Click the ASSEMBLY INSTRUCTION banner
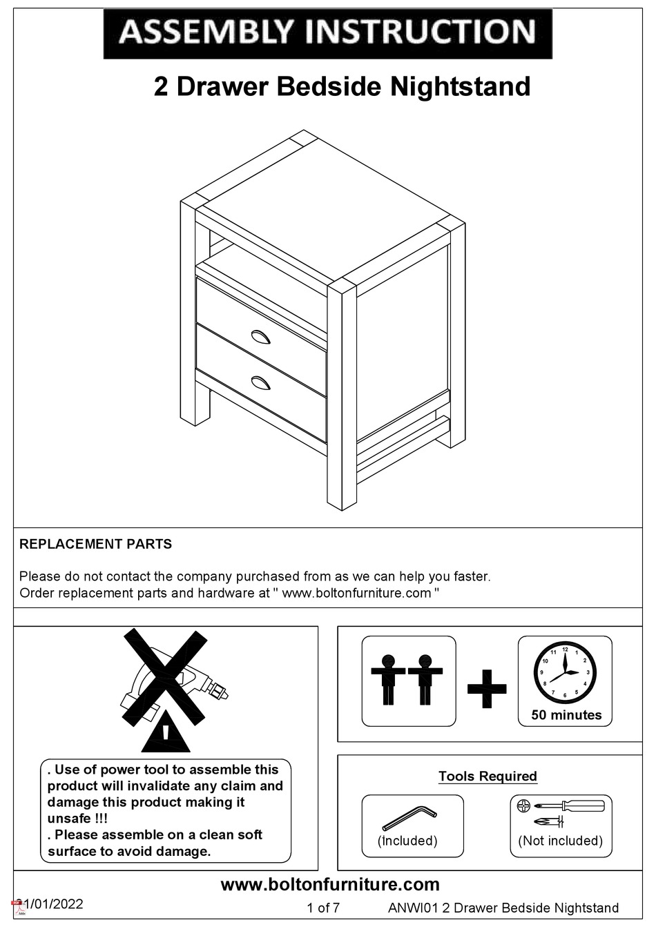[x=327, y=32]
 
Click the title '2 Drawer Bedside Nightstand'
[x=342, y=87]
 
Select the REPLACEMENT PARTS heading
[x=95, y=544]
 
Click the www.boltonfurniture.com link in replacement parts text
[x=356, y=593]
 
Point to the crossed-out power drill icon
[x=173, y=680]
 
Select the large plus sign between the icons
[x=487, y=688]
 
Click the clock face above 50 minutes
[x=565, y=672]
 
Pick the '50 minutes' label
[x=566, y=715]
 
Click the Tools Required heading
[x=488, y=776]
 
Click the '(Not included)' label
[x=560, y=841]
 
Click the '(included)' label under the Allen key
[x=407, y=841]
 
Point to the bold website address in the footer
[x=329, y=884]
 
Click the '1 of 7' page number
[x=322, y=908]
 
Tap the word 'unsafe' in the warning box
[x=70, y=819]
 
